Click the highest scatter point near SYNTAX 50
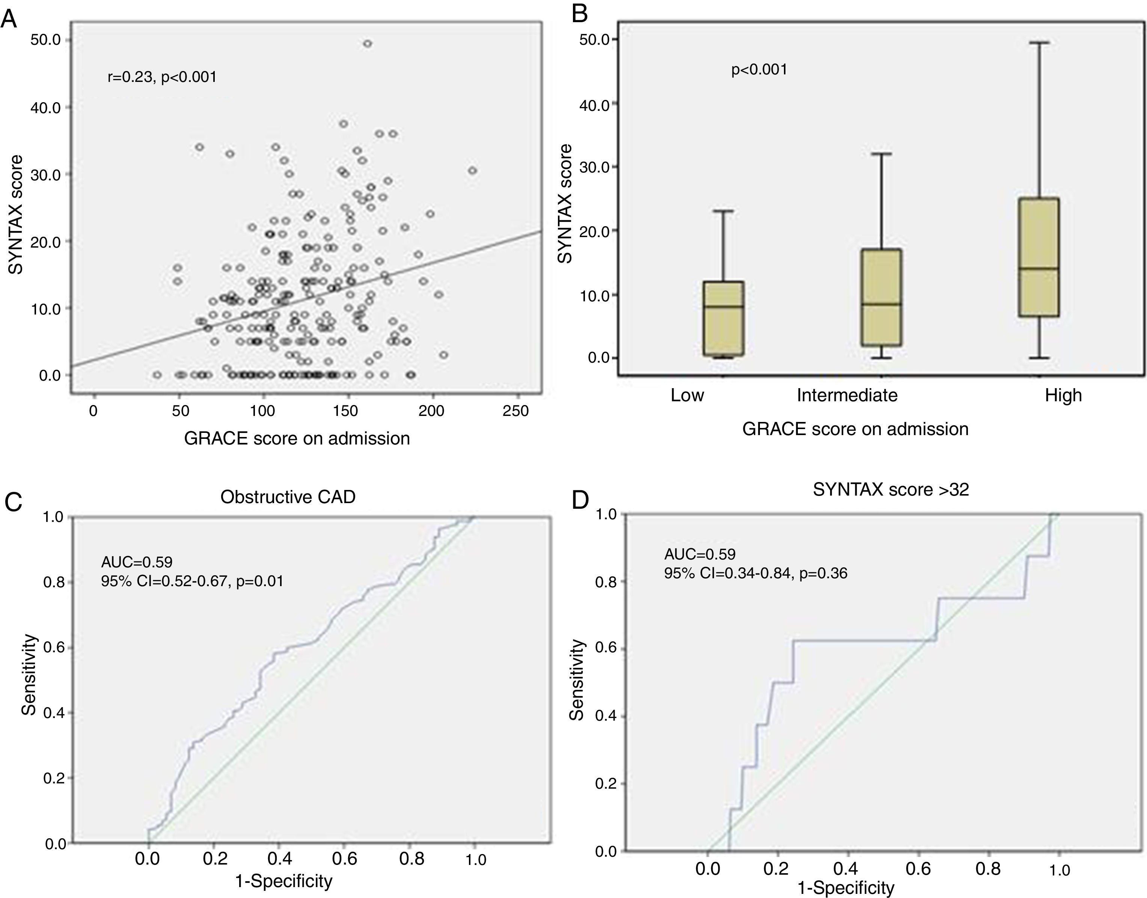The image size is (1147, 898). click(367, 44)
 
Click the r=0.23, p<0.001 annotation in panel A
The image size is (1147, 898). click(162, 77)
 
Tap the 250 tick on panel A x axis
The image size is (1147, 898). click(516, 411)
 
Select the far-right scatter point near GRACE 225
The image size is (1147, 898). click(472, 170)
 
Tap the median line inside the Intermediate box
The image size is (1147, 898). click(881, 304)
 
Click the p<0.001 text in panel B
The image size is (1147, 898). click(759, 70)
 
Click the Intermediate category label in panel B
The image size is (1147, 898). click(847, 395)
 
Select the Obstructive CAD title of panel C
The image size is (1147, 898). click(288, 497)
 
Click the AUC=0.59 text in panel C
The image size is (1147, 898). click(137, 562)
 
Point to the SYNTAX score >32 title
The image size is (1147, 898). click(891, 490)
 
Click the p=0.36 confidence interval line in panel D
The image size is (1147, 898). click(755, 573)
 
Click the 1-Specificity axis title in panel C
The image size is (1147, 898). click(284, 881)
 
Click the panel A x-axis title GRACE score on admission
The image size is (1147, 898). click(297, 438)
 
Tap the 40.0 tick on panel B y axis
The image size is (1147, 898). click(594, 104)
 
